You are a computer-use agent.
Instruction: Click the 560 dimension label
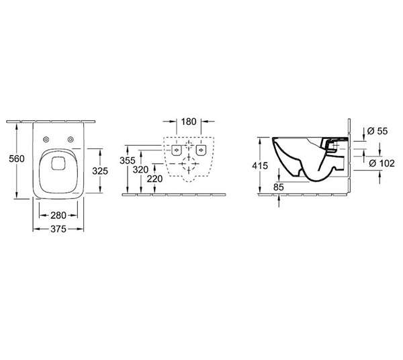pos(17,159)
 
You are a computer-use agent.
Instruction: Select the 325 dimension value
pos(100,171)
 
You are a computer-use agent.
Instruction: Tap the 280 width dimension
pos(58,216)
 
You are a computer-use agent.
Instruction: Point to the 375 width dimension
pos(58,229)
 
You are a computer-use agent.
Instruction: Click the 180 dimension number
pos(189,122)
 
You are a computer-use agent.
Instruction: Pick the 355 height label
pos(128,161)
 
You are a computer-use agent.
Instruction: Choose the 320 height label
pos(140,170)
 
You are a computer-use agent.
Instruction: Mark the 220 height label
pos(154,179)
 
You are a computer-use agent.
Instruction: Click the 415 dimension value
pos(260,166)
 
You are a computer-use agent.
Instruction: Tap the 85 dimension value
pos(279,187)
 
